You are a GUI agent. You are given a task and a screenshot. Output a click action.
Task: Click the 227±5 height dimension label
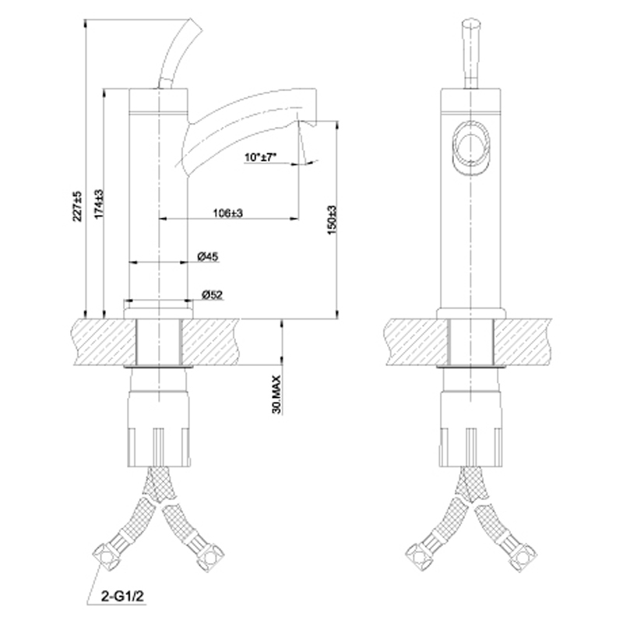pos(78,206)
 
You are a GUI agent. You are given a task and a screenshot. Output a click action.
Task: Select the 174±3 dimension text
pos(99,203)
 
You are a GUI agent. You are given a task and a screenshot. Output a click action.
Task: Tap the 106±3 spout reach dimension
pos(228,213)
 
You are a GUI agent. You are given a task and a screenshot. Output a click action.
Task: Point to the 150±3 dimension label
pos(332,220)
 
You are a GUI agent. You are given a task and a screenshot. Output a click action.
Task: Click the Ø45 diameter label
pos(208,256)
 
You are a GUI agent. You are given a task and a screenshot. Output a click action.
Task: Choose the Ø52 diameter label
pos(212,295)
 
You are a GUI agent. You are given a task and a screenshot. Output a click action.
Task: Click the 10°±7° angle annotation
pos(260,157)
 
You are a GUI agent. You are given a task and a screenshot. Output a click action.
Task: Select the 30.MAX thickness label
pos(276,394)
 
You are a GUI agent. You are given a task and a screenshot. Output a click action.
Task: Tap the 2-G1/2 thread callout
pos(122,597)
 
